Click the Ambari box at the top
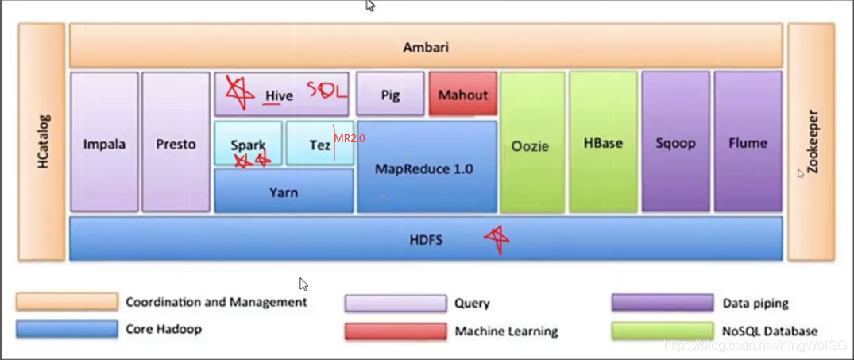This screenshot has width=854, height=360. point(426,48)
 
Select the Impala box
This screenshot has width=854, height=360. point(104,143)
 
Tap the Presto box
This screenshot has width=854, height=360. point(176,143)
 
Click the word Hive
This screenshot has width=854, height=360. point(279,96)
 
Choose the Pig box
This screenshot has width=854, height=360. point(390,95)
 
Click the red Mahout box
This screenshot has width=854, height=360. point(463,95)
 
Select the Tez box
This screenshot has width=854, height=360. point(319,145)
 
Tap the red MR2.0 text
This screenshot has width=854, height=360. point(350,138)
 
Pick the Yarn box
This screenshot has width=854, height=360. point(284,192)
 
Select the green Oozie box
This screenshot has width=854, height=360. point(532,145)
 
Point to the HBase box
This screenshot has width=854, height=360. point(603,143)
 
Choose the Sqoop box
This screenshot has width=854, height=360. point(676,143)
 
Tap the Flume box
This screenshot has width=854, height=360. point(748,143)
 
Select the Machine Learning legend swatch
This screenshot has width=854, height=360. point(396,331)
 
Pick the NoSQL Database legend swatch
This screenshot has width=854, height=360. point(663,331)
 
